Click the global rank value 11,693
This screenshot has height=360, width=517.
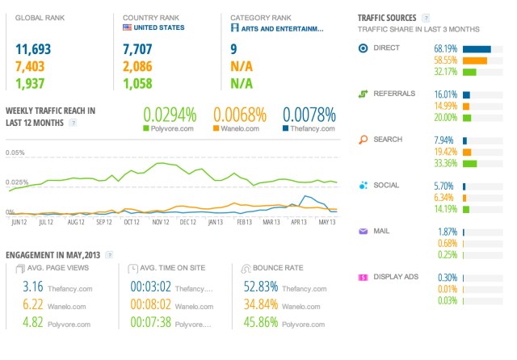(30, 50)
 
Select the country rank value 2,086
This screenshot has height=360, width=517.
(138, 66)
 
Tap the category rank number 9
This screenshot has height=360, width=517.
(233, 50)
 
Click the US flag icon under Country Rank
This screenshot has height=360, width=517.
(128, 27)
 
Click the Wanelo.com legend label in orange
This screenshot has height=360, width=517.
(241, 128)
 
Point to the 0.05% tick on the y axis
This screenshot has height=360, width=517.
(15, 152)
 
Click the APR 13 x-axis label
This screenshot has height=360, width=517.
(299, 220)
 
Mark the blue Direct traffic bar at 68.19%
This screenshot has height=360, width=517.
(477, 48)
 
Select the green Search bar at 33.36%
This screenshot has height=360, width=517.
(469, 163)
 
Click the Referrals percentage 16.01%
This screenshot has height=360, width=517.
(446, 94)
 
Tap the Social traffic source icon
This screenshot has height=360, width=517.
(364, 185)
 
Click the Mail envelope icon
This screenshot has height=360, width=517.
(364, 231)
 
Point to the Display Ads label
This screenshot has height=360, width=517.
(396, 277)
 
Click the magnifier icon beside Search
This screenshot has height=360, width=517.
(364, 139)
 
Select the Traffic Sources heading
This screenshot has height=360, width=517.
(387, 17)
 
